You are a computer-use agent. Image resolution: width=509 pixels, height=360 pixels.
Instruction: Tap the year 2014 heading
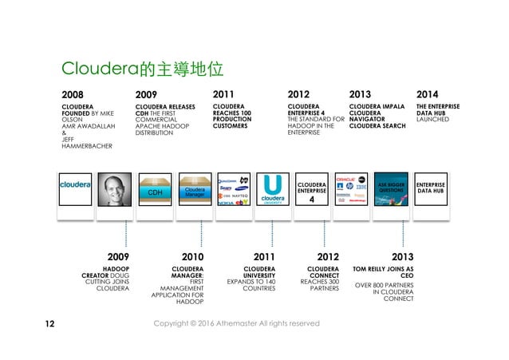click(x=428, y=93)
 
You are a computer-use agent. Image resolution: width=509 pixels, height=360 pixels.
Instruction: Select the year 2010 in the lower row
click(x=191, y=257)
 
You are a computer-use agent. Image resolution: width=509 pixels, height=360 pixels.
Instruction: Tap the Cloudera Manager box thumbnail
click(x=193, y=190)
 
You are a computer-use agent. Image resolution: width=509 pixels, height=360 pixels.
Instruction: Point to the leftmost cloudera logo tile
click(x=76, y=186)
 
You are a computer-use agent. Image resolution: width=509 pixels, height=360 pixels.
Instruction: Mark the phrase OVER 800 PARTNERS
click(x=384, y=285)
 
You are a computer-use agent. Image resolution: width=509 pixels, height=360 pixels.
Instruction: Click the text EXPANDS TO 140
click(x=251, y=282)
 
